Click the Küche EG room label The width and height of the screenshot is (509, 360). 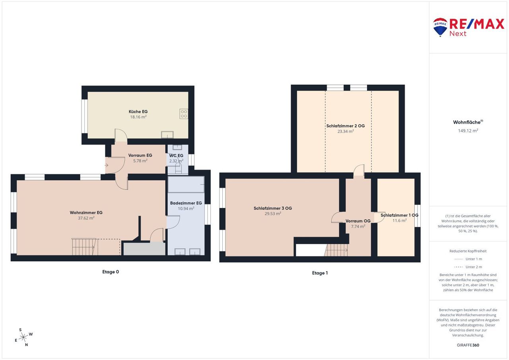138,112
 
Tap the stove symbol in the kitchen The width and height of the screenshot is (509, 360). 184,114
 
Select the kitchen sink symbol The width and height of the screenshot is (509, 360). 167,135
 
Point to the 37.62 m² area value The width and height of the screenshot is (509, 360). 86,218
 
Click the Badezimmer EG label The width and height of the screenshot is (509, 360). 186,203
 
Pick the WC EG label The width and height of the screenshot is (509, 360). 176,156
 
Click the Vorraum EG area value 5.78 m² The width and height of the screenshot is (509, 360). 140,161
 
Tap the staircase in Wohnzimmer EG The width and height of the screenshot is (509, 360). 83,247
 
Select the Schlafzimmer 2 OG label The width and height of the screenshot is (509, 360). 346,126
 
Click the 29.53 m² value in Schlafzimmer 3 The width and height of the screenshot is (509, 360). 273,214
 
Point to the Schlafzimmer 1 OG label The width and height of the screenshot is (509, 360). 400,215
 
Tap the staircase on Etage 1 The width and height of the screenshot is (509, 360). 336,250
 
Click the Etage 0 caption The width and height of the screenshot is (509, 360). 111,272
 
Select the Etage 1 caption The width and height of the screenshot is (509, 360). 320,273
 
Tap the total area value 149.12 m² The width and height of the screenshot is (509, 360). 468,131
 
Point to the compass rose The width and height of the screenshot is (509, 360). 23,337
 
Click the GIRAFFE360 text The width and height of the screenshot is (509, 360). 468,345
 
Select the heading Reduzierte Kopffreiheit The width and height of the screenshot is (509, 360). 468,251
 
